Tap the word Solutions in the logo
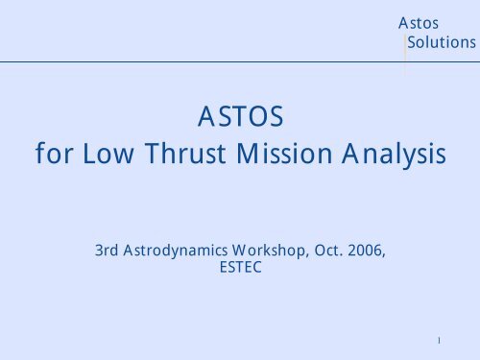441,43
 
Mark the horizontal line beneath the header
192,62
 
